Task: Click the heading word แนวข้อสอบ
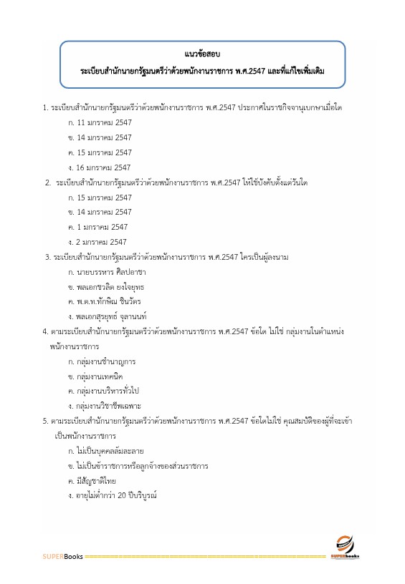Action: point(201,54)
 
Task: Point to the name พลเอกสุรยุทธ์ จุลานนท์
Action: point(112,317)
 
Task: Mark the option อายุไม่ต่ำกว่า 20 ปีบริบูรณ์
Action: point(112,496)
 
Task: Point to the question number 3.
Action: point(46,257)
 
